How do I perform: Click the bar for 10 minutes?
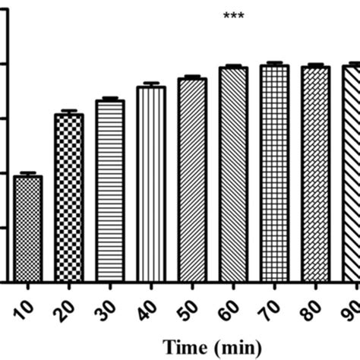[x=28, y=229]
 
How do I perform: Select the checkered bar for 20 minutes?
[x=69, y=197]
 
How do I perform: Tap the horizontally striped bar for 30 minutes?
[x=110, y=191]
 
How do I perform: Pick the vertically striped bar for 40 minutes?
[x=151, y=184]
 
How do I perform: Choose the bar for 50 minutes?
[x=192, y=180]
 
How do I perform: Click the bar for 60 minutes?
[x=233, y=175]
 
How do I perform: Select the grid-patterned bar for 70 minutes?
[x=274, y=173]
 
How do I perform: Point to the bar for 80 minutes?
[x=315, y=174]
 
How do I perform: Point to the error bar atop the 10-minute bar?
[x=28, y=174]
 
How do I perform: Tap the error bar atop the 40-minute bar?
[x=151, y=84]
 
